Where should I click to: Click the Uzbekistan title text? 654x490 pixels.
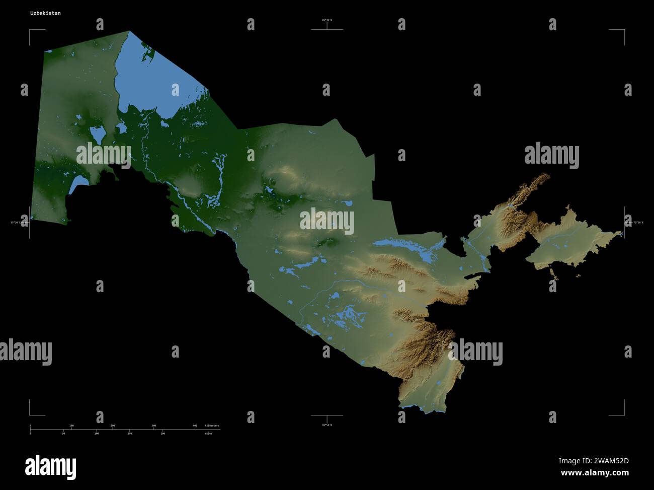[x=45, y=13]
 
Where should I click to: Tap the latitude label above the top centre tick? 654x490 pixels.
[x=327, y=20]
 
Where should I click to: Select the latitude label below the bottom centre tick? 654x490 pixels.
[x=327, y=425]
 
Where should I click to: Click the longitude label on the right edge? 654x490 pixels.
[x=637, y=222]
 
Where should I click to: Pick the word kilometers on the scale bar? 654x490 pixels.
[x=212, y=426]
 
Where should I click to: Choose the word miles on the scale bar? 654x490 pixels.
[x=208, y=433]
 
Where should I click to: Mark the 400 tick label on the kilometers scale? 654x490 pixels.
[x=195, y=426]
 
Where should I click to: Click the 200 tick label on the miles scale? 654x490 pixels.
[x=162, y=433]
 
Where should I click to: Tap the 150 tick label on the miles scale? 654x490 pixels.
[x=129, y=433]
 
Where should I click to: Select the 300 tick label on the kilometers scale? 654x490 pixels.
[x=153, y=426]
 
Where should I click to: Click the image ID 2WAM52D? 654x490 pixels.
[x=594, y=461]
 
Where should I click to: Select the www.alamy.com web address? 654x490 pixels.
[x=595, y=473]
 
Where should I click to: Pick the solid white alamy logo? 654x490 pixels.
[x=50, y=467]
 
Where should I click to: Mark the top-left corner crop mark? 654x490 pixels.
[x=30, y=31]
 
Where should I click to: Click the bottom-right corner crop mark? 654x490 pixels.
[x=624, y=414]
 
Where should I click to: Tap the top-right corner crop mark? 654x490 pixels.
[x=624, y=31]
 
